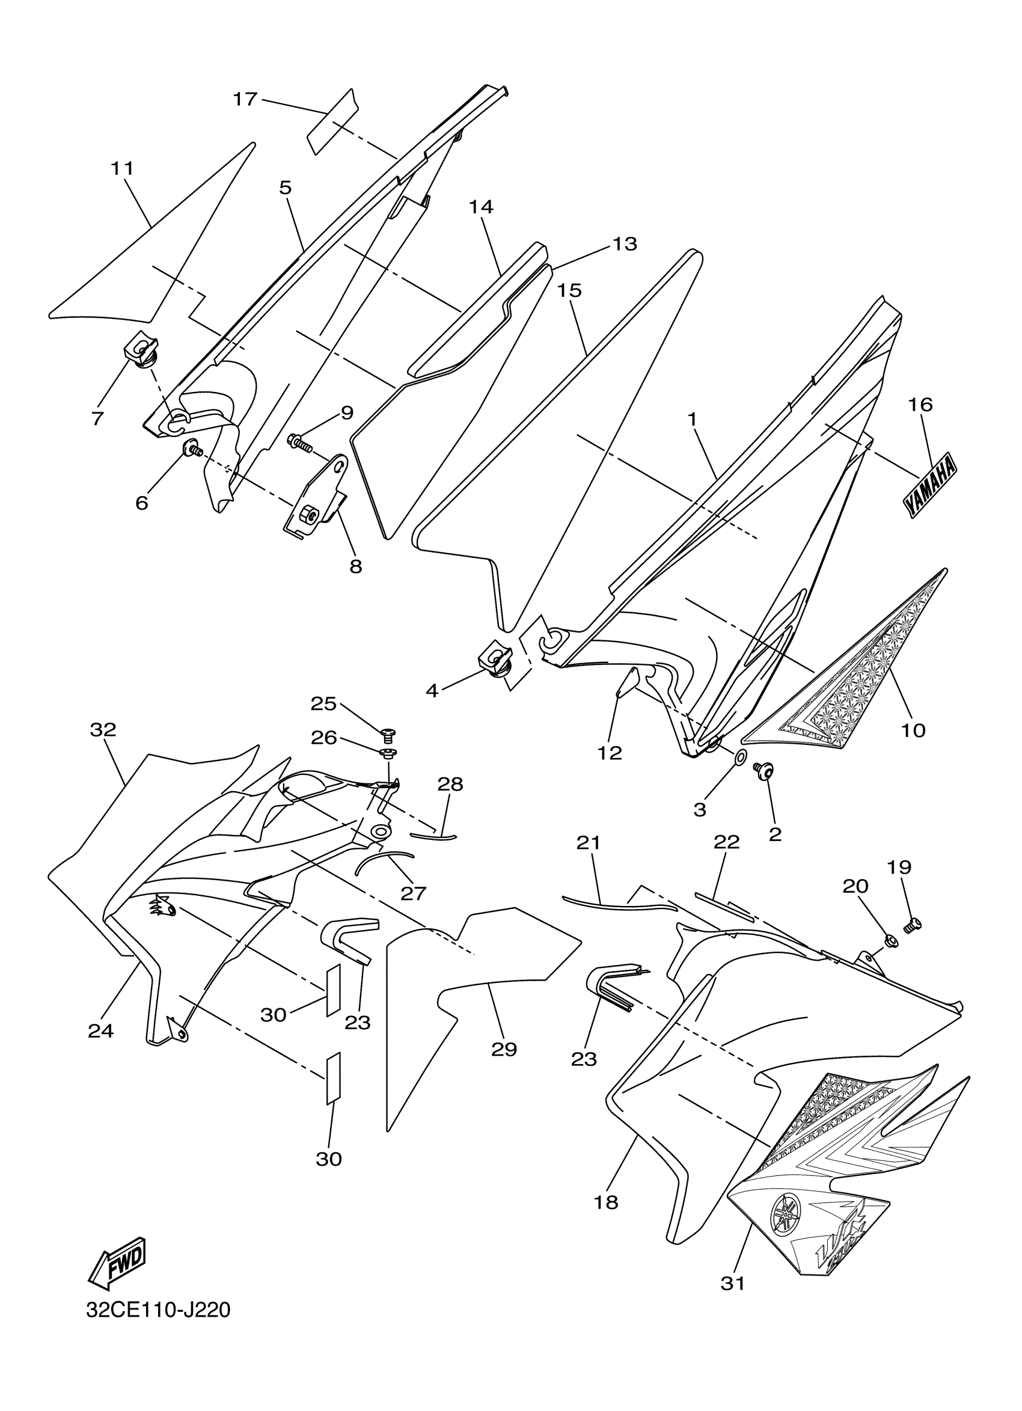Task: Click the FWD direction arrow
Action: (119, 1262)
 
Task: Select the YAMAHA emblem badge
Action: (930, 486)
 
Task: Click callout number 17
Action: (245, 99)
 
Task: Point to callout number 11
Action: (123, 168)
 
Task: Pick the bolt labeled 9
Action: (300, 443)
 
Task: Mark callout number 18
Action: (606, 1202)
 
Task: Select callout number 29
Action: (504, 1050)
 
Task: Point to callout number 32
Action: (103, 730)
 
